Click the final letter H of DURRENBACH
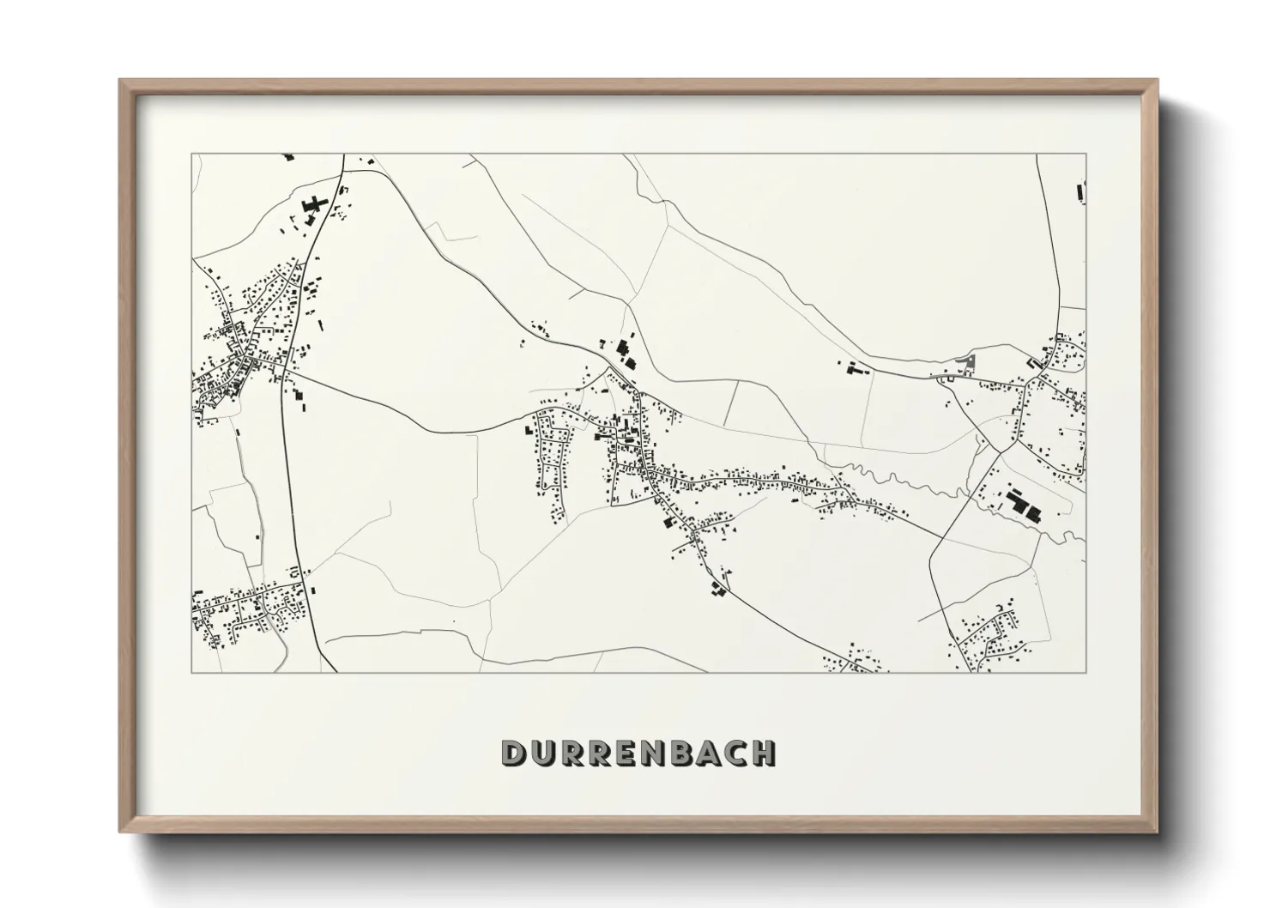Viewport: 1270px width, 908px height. [766, 753]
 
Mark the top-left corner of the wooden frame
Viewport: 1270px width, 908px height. [120, 81]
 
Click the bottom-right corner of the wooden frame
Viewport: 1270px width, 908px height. [1158, 832]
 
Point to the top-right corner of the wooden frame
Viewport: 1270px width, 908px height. [1158, 81]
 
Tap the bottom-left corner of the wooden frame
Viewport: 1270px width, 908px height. [120, 832]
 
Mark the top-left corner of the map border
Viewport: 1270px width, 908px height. [191, 154]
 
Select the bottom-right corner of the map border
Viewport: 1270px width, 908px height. [1086, 672]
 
